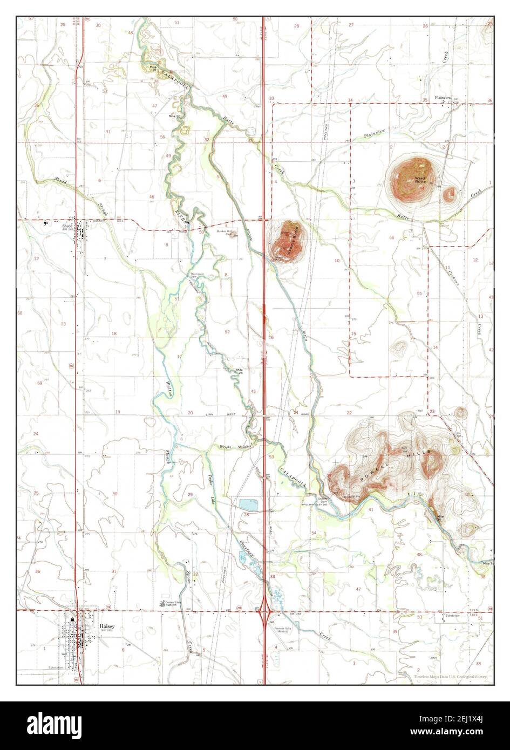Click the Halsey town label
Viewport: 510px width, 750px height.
click(107, 627)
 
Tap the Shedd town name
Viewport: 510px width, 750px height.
click(67, 226)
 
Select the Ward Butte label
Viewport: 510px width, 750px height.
click(420, 180)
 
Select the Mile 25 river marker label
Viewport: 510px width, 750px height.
click(240, 370)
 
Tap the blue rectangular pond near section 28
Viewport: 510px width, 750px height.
click(249, 504)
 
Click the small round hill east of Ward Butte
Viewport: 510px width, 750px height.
click(448, 195)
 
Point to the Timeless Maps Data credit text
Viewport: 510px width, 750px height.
click(453, 677)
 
